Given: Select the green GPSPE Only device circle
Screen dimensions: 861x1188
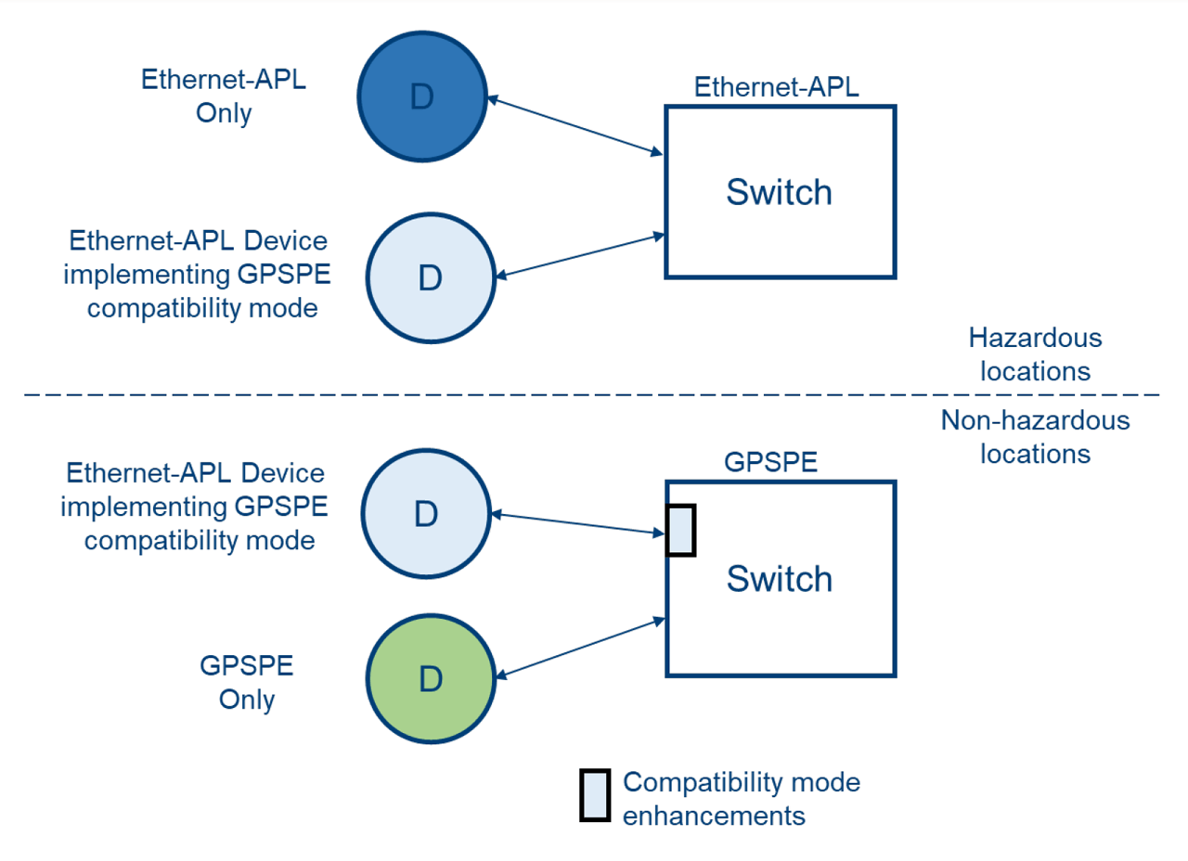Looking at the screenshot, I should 428,679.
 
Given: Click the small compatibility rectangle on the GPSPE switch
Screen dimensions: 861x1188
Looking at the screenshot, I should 681,531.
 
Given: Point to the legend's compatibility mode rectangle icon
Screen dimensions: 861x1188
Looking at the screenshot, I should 594,795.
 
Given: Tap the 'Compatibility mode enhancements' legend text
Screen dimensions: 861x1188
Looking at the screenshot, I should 741,799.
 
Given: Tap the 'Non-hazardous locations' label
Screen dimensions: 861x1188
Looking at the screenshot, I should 1034,437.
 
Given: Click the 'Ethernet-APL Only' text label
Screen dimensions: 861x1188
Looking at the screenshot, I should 223,96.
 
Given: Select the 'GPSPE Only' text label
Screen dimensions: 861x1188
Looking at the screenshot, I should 246,682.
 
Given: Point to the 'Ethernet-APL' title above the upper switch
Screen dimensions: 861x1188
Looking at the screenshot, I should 778,88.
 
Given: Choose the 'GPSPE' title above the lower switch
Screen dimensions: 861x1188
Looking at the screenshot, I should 770,462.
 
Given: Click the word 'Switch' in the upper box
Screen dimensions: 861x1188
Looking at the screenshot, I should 779,192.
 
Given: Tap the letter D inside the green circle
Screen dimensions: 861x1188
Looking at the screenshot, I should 428,679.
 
